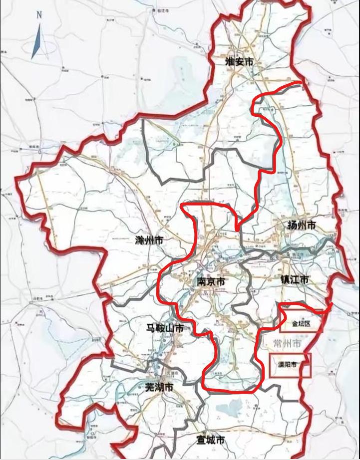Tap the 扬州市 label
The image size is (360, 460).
pyautogui.click(x=301, y=225)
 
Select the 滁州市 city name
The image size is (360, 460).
pyautogui.click(x=149, y=240)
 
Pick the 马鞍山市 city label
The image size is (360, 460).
pyautogui.click(x=164, y=328)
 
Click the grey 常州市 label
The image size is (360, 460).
pyautogui.click(x=287, y=344)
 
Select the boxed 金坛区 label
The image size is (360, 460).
pyautogui.click(x=301, y=323)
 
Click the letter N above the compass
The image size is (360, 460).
pyautogui.click(x=39, y=15)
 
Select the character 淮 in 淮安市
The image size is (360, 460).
pyautogui.click(x=230, y=62)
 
